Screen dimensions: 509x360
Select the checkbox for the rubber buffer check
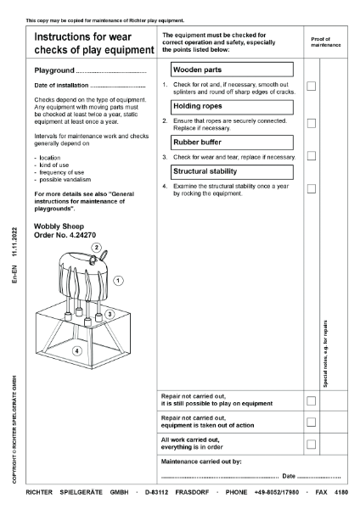click(x=312, y=156)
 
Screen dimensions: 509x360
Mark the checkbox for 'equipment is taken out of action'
click(x=312, y=422)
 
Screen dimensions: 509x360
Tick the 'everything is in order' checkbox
click(x=312, y=444)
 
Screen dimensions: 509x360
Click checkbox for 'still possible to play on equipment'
click(x=312, y=400)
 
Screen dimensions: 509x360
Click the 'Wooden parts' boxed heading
click(x=231, y=70)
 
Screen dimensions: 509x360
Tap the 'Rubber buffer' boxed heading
click(x=231, y=142)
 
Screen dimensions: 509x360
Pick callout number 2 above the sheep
click(x=98, y=248)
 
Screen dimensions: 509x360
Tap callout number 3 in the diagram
click(x=109, y=315)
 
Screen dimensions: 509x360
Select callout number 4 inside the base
click(x=76, y=350)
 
